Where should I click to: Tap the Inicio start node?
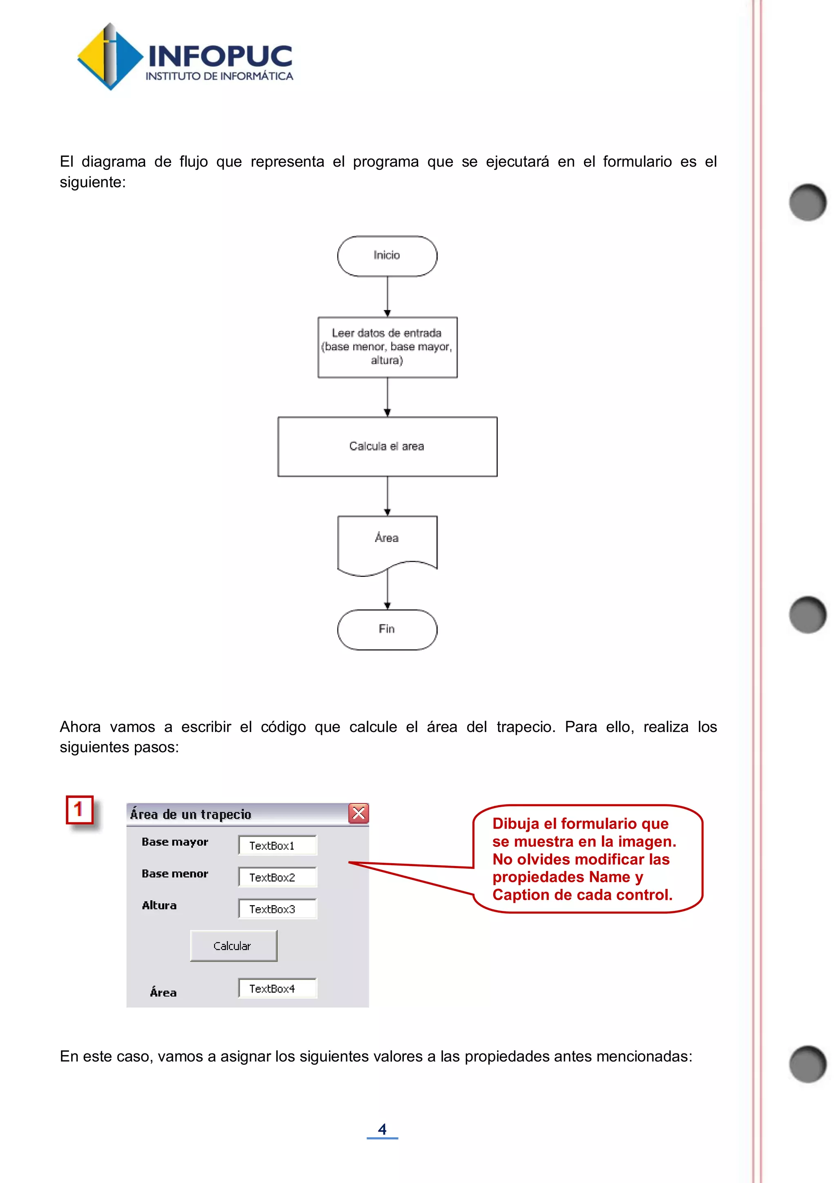(x=387, y=256)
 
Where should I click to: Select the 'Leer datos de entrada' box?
(x=387, y=347)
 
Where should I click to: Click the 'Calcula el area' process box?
(x=387, y=446)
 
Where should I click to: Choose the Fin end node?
(x=387, y=629)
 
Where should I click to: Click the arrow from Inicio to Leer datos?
(x=387, y=296)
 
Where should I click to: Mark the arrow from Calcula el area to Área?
(x=387, y=496)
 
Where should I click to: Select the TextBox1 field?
(x=277, y=846)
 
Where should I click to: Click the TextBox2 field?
(x=277, y=877)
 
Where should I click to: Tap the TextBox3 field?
(x=277, y=909)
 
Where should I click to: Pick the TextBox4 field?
(x=277, y=989)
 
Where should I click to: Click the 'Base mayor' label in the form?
(x=175, y=842)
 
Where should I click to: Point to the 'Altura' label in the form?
(x=159, y=906)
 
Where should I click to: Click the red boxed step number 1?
(x=79, y=810)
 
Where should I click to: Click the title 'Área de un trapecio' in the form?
(x=191, y=814)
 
